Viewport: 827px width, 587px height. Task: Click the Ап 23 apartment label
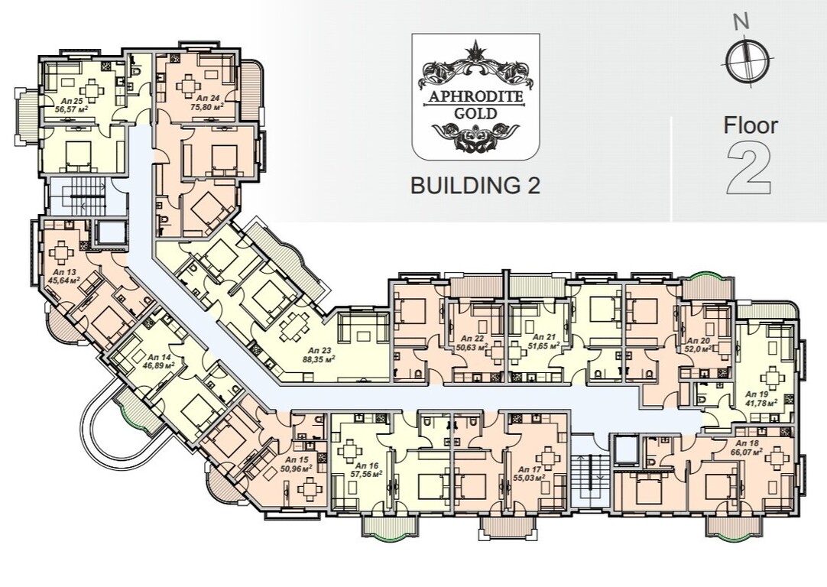point(319,349)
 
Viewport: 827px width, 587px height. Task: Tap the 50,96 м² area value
point(297,467)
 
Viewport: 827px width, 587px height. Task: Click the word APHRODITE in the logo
point(475,97)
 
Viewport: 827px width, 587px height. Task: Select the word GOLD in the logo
point(475,113)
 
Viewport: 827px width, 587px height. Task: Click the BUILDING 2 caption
point(475,186)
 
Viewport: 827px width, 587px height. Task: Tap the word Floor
point(751,125)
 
